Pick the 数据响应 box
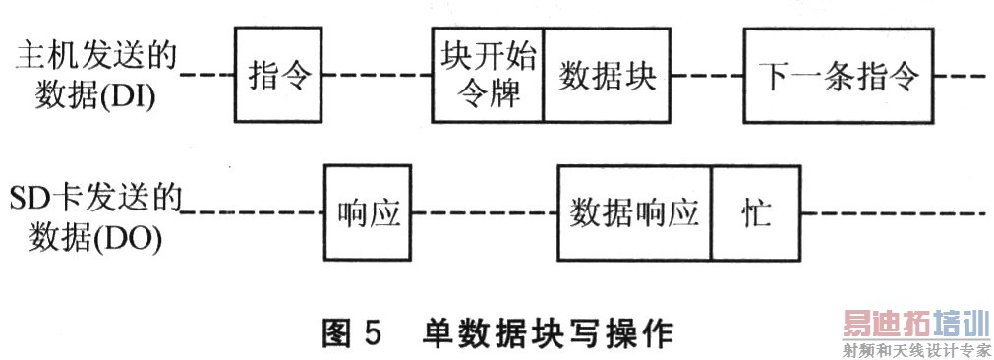(x=634, y=214)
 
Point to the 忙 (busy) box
(x=756, y=214)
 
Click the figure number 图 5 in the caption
(x=351, y=332)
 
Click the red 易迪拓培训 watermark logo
(x=913, y=324)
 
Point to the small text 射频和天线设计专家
(x=913, y=349)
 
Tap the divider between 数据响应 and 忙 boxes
(x=712, y=214)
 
